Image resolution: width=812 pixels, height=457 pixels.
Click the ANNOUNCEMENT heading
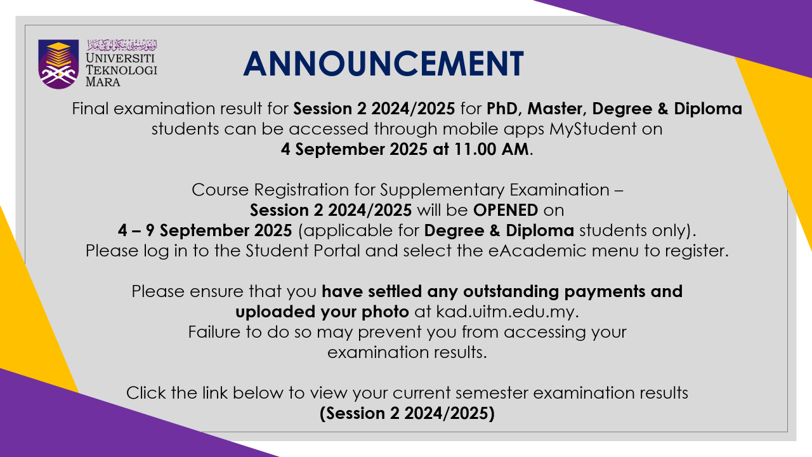click(384, 64)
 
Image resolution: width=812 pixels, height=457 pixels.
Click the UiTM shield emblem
click(58, 64)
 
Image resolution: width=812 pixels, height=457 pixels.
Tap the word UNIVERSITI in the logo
click(115, 58)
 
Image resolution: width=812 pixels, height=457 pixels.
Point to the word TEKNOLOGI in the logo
click(121, 70)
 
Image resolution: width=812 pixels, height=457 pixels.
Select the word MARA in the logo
click(103, 82)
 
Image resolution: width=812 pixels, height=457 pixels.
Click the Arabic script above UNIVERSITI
click(122, 45)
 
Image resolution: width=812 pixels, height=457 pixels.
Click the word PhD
click(502, 109)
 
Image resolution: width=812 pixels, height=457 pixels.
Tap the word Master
click(554, 109)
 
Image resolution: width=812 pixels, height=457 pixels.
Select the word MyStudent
click(593, 129)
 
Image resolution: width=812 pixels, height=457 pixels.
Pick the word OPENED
click(506, 210)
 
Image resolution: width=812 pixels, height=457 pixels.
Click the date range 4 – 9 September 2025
click(205, 230)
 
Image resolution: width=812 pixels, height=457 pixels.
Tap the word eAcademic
click(537, 251)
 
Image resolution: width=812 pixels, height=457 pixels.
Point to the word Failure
click(214, 332)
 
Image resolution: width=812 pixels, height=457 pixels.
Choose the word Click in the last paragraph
click(146, 393)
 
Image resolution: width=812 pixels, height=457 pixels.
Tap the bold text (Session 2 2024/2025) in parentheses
click(407, 413)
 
